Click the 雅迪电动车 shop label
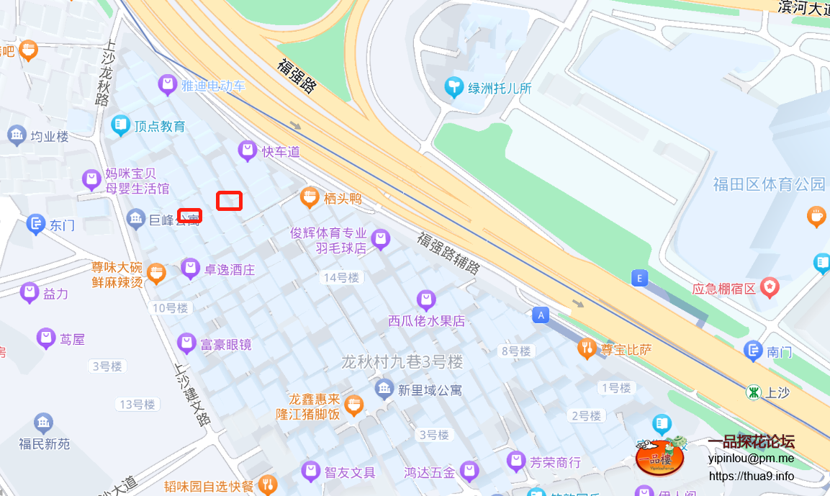coord(213,86)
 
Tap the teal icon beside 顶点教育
coord(120,126)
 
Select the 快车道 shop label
coord(281,152)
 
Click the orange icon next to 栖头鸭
coord(310,198)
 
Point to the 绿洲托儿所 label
coord(500,89)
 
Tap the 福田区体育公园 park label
coord(769,184)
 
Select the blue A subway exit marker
coord(541,315)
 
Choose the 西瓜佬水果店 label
coord(427,321)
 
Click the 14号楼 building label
coord(341,278)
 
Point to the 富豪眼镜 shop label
coord(226,345)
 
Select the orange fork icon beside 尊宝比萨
coord(587,350)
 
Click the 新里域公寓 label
coord(430,390)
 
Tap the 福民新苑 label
coord(45,443)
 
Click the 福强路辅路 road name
coord(448,251)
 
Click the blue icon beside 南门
coord(753,351)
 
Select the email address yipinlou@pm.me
coord(751,458)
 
